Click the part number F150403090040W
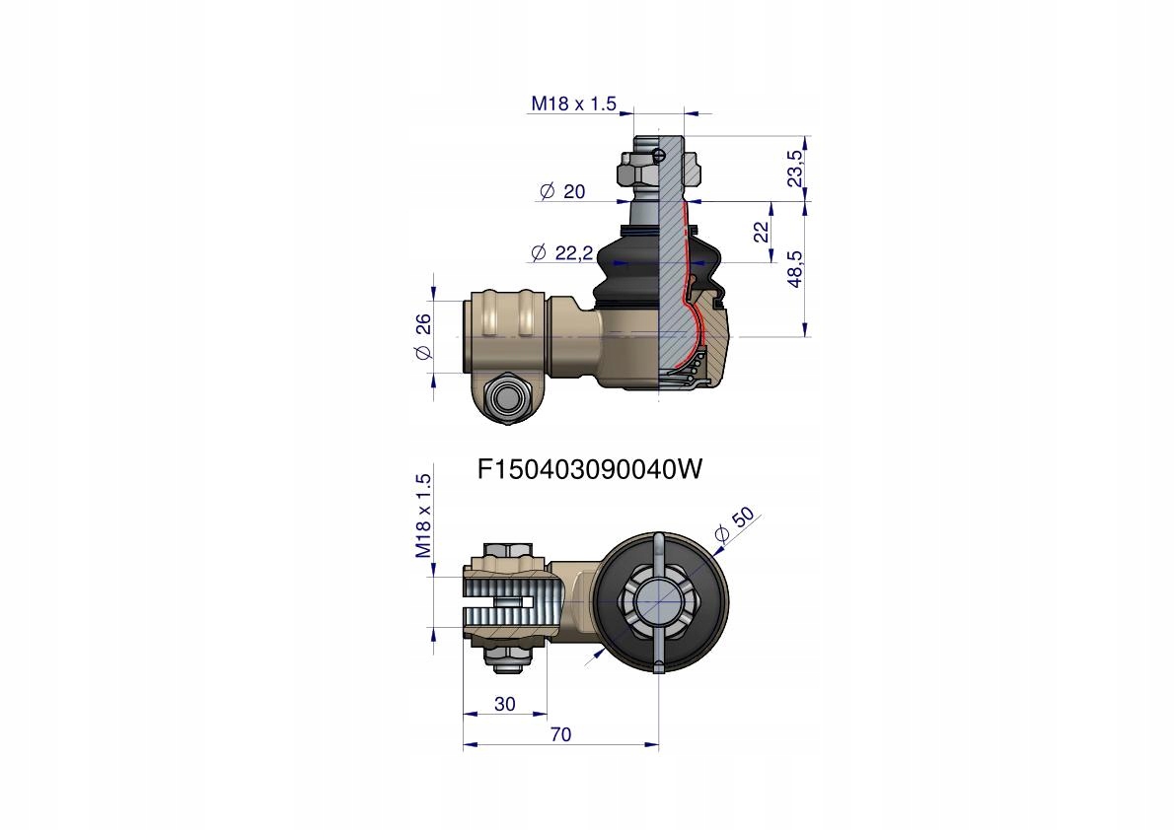click(x=591, y=469)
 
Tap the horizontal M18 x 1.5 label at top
click(x=573, y=104)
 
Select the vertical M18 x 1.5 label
click(x=423, y=516)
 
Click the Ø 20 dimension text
click(x=562, y=191)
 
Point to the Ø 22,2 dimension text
click(x=562, y=253)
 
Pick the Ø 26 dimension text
click(x=423, y=337)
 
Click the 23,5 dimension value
click(x=794, y=168)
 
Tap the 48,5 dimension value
click(x=794, y=268)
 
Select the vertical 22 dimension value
click(x=762, y=232)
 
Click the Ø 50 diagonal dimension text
click(x=734, y=525)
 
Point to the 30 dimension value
click(x=505, y=704)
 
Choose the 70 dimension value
click(x=560, y=734)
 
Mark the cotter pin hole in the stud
click(x=658, y=156)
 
